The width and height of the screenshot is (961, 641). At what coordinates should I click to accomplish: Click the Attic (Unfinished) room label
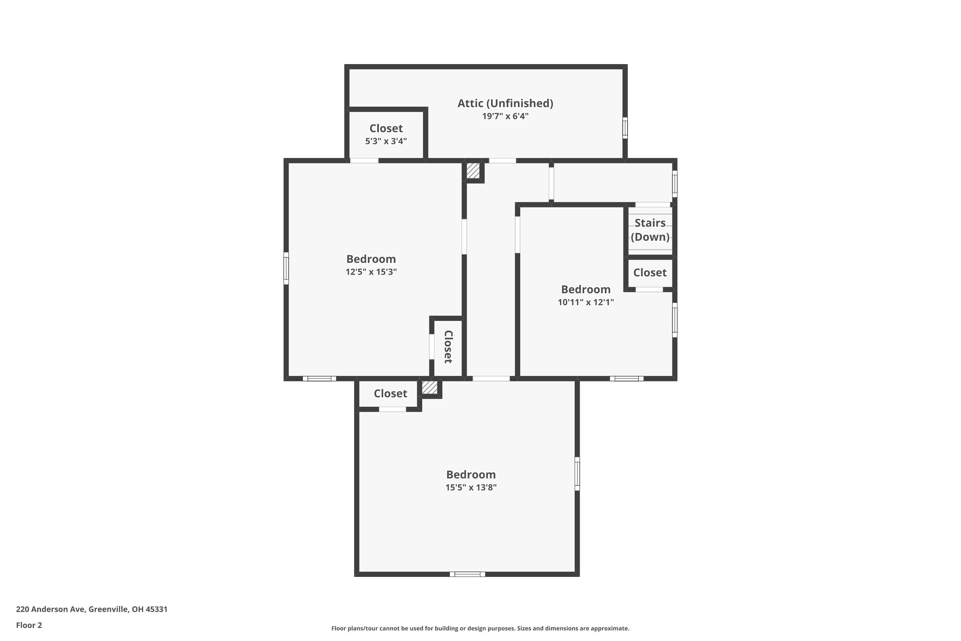pos(505,104)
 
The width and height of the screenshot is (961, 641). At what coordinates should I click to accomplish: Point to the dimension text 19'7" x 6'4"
pos(505,116)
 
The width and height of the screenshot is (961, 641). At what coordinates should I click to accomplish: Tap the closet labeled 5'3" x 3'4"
pos(386,134)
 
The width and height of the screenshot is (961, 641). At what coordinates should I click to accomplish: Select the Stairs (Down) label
pos(650,230)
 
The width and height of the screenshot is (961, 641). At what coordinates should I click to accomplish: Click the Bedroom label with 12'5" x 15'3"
pos(371,259)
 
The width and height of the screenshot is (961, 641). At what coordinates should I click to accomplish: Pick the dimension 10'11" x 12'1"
pos(586,303)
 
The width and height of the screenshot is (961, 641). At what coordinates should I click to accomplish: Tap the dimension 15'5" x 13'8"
pos(471,487)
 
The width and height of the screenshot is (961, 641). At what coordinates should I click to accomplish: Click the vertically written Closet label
pos(448,347)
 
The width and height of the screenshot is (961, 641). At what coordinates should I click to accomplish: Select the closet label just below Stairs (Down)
pos(650,273)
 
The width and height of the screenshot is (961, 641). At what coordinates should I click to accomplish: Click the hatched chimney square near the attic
pos(473,171)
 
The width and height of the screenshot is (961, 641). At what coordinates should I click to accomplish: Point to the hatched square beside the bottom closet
pos(430,387)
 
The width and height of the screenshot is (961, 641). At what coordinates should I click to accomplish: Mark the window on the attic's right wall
pos(625,128)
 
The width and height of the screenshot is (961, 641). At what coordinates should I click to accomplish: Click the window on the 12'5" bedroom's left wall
pos(286,268)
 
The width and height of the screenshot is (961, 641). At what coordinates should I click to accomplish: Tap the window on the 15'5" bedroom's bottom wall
pos(467,574)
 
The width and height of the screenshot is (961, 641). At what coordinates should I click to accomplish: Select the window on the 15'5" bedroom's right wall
pos(577,474)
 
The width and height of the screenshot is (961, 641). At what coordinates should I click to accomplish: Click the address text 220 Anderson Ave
pos(92,609)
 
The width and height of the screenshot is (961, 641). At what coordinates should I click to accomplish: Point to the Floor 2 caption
pos(29,625)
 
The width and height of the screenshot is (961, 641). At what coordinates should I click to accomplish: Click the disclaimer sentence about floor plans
pos(480,628)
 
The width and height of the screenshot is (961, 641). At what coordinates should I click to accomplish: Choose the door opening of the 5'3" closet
pos(364,161)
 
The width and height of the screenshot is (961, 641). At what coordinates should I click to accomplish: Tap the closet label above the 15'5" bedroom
pos(390,394)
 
